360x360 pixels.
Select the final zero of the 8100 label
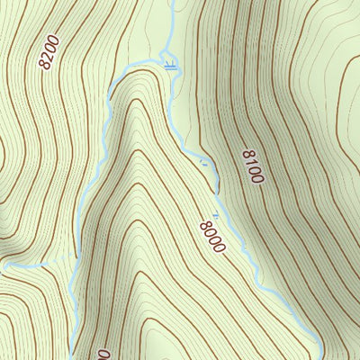click(258, 178)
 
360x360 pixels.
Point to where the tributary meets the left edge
click(2, 267)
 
